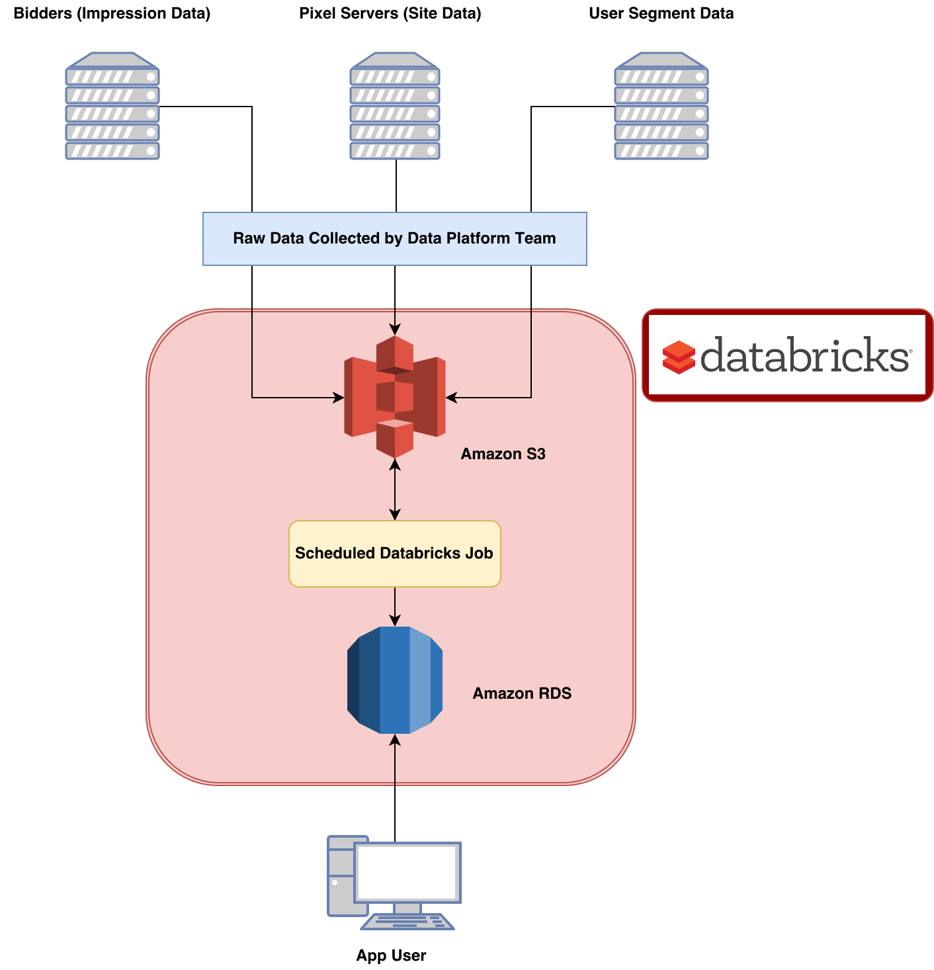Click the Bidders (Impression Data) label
(x=112, y=13)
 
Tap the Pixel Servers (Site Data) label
(x=390, y=13)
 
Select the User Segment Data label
(x=661, y=13)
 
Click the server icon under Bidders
(x=112, y=106)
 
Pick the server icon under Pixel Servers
(x=395, y=106)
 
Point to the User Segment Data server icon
(x=661, y=106)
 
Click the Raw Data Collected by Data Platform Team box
(x=394, y=239)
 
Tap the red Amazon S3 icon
(x=395, y=396)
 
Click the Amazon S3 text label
(x=503, y=454)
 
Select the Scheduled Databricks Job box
(x=394, y=553)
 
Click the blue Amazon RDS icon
(x=395, y=680)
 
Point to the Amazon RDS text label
(x=522, y=693)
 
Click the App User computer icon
(x=394, y=883)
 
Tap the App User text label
(x=391, y=955)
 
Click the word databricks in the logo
(x=804, y=355)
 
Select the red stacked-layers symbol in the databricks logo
(x=679, y=357)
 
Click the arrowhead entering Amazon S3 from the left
(x=338, y=398)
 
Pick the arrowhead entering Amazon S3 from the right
(x=452, y=398)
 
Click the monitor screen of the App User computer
(x=407, y=871)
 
